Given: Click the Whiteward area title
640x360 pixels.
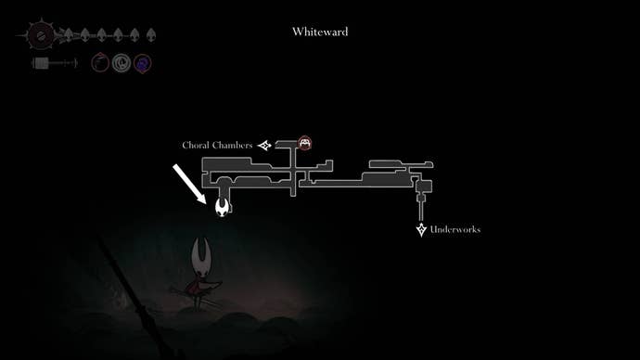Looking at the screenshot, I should tap(320, 32).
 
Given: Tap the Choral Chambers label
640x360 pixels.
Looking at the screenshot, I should tap(218, 146).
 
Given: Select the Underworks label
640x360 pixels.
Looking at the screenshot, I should tap(455, 229).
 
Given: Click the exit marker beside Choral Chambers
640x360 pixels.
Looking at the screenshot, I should tap(265, 146).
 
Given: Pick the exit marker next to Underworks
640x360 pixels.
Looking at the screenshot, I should tap(421, 229).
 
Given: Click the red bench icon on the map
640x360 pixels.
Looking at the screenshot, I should tap(304, 143).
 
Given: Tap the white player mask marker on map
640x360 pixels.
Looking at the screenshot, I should tap(223, 207).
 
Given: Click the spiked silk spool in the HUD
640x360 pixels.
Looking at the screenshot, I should tap(41, 37).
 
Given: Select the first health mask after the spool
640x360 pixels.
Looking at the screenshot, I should tap(70, 37).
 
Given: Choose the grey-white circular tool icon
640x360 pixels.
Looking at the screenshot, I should tap(122, 63).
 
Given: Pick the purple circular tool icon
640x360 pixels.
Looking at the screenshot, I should tap(142, 63).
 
